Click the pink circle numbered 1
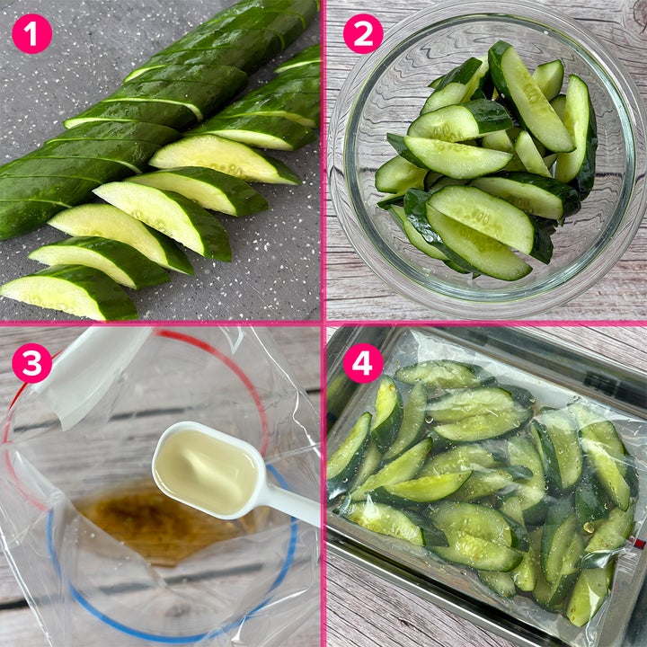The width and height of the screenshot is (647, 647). click(x=32, y=34)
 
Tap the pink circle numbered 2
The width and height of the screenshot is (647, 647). click(x=363, y=34)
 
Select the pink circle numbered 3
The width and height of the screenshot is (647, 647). click(x=32, y=363)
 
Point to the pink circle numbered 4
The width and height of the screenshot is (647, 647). click(x=363, y=363)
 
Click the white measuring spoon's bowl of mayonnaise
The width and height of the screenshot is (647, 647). click(x=207, y=470)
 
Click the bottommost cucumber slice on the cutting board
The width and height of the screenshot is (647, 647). click(x=68, y=293)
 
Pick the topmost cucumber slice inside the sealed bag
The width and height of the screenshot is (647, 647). click(x=438, y=374)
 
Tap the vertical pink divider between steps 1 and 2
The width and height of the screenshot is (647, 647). click(x=323, y=161)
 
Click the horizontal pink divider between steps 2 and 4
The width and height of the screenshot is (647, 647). click(x=486, y=323)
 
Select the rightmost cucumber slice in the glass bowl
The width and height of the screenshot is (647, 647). click(x=578, y=132)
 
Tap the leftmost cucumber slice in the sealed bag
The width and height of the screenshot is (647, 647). click(x=349, y=454)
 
